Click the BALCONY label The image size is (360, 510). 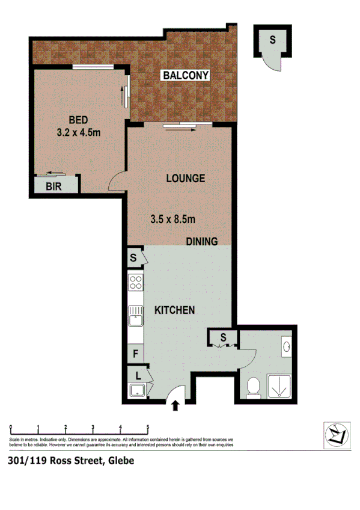(x=186, y=75)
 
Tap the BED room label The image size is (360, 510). (x=78, y=119)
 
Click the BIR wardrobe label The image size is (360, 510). (x=54, y=186)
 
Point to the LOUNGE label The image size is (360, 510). (x=186, y=179)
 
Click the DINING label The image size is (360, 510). (x=201, y=241)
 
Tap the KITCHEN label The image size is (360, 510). (x=174, y=310)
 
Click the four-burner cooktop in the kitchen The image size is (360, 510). (x=135, y=283)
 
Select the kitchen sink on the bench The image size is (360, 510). (x=135, y=315)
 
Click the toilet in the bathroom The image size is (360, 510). (x=254, y=385)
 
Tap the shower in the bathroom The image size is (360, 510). (x=280, y=387)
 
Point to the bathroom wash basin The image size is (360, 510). (x=286, y=346)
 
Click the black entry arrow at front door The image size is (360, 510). (x=175, y=406)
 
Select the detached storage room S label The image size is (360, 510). (x=272, y=40)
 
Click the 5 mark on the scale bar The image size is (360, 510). (x=148, y=428)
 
